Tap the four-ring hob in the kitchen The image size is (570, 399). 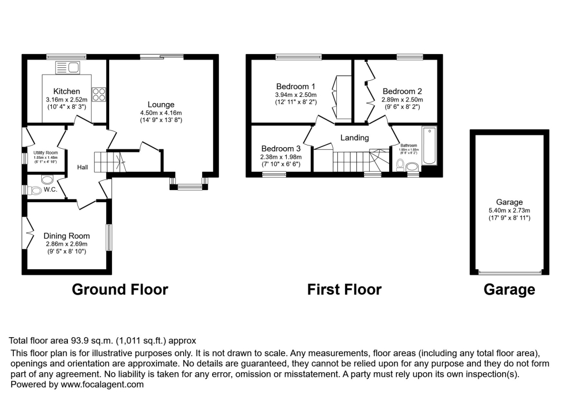(99, 95)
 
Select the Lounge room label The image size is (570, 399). (161, 104)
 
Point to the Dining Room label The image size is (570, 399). (66, 235)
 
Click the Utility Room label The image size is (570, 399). (44, 153)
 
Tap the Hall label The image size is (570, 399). (82, 167)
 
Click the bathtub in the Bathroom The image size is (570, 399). (429, 147)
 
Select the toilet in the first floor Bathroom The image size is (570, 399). (401, 165)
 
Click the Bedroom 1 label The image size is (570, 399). (296, 86)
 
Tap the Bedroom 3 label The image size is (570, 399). (281, 149)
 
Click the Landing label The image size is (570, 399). (355, 138)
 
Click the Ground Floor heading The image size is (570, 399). (120, 290)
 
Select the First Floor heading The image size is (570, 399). (344, 290)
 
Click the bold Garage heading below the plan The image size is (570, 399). (509, 290)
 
